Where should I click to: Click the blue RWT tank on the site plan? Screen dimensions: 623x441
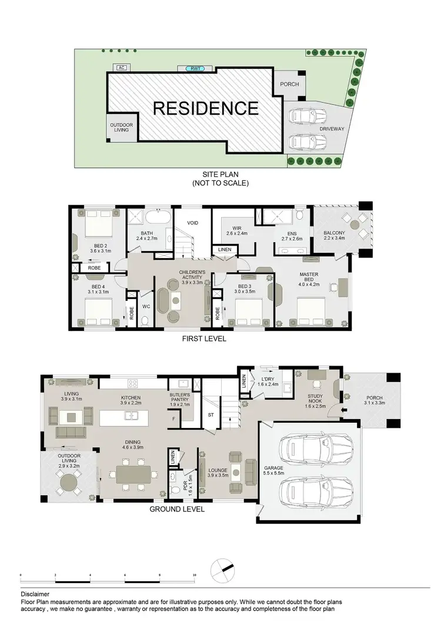pyautogui.click(x=193, y=69)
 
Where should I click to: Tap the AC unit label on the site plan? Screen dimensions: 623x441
pyautogui.click(x=122, y=68)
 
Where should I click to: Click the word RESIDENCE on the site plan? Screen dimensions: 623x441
pyautogui.click(x=206, y=108)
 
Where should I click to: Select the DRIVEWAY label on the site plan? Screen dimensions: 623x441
pyautogui.click(x=332, y=129)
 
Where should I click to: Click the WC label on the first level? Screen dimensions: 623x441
pyautogui.click(x=146, y=306)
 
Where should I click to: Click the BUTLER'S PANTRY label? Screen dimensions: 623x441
pyautogui.click(x=180, y=399)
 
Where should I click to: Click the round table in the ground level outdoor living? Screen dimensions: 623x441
pyautogui.click(x=69, y=485)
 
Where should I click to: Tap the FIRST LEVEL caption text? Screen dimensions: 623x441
pyautogui.click(x=205, y=339)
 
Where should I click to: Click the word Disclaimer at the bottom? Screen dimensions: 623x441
pyautogui.click(x=36, y=594)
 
